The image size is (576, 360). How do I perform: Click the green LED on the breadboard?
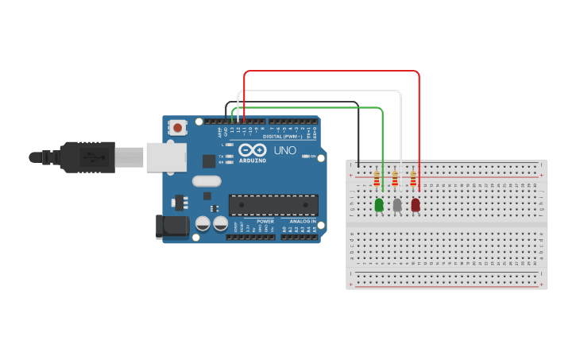tap(378, 205)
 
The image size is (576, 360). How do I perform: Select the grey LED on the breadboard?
tap(397, 205)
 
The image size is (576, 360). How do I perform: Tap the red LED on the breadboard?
tap(416, 205)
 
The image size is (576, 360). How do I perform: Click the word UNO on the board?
tap(285, 150)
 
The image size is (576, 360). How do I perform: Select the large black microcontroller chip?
tap(273, 205)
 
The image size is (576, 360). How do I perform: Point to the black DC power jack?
tap(174, 226)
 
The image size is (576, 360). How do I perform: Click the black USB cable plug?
tap(87, 157)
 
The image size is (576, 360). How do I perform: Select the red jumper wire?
tap(331, 71)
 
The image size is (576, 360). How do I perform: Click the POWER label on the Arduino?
tap(265, 221)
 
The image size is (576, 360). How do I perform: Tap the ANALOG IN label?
tap(302, 221)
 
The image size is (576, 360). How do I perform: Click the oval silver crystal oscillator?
tap(206, 180)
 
